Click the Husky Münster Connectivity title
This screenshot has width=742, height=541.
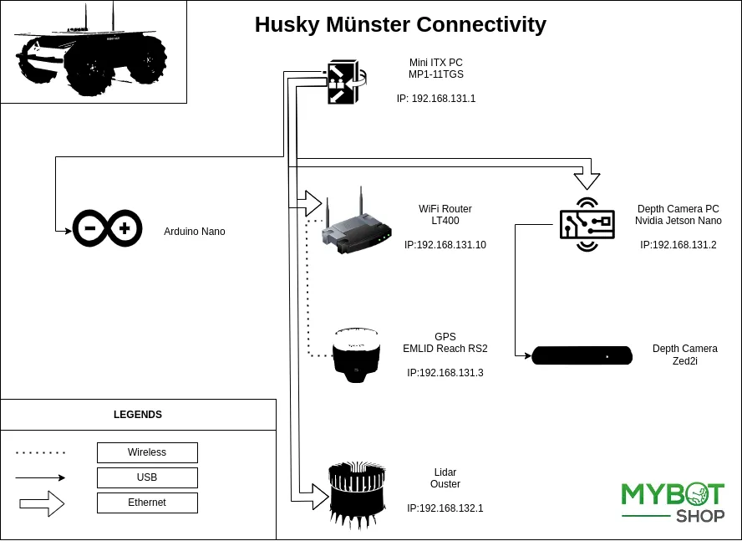(400, 25)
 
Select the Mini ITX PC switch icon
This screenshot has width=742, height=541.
(343, 82)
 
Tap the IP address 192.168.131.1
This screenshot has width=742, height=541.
(435, 99)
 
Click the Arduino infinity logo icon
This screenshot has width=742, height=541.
(106, 228)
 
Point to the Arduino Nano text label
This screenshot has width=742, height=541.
(194, 232)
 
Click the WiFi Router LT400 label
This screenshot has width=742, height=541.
(445, 215)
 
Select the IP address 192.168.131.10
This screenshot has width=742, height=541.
(445, 245)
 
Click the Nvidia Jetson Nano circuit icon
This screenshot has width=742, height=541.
(587, 223)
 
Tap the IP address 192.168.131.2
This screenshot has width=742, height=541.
(678, 245)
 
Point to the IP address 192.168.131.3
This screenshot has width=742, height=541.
(445, 373)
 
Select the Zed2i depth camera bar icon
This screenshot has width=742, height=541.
(582, 355)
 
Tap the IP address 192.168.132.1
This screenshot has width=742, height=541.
(445, 508)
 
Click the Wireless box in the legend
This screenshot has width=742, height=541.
(147, 452)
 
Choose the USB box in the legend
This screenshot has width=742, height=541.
(147, 477)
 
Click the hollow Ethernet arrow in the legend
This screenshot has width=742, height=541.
(42, 503)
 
